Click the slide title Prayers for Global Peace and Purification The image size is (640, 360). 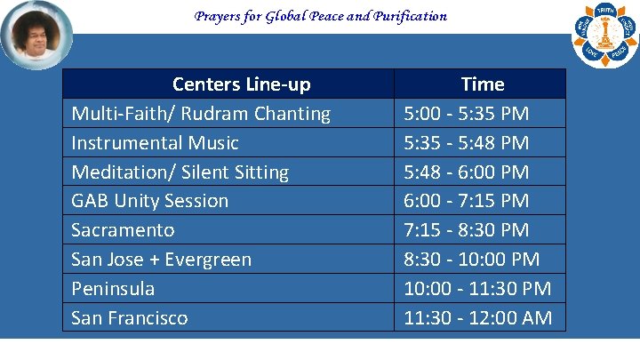tap(320, 16)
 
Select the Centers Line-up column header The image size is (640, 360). tap(241, 84)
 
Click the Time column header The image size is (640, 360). tap(482, 84)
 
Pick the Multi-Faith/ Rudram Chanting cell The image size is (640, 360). tap(201, 114)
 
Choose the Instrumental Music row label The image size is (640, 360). tap(156, 143)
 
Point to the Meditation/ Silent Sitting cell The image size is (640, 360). tap(180, 172)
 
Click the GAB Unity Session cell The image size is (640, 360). tap(150, 201)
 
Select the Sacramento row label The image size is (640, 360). tap(123, 230)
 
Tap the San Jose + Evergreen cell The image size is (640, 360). tap(162, 260)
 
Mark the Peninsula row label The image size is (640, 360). tap(113, 289)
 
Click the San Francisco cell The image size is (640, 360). tap(130, 318)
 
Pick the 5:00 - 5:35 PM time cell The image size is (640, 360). tap(467, 114)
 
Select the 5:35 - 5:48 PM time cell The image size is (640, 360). tap(467, 143)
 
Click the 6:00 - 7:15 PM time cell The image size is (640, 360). tap(467, 201)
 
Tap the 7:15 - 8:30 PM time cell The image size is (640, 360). tap(467, 230)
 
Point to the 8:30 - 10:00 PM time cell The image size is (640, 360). tap(472, 260)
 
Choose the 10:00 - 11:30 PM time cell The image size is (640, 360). tap(477, 289)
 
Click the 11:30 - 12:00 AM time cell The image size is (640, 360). tap(477, 318)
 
